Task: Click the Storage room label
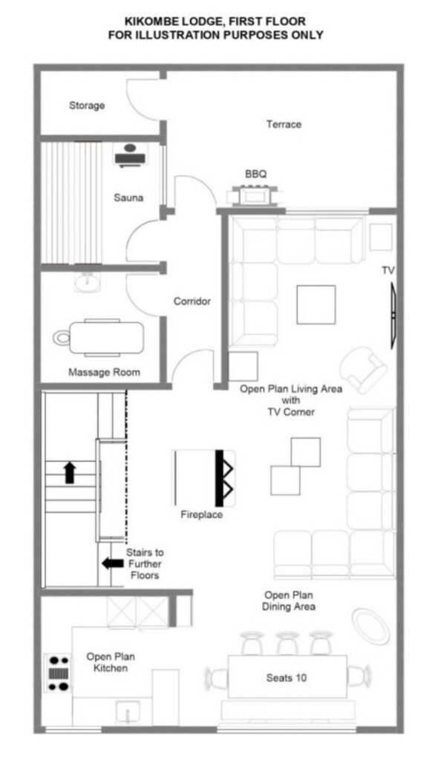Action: (x=87, y=105)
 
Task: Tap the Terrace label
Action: (x=284, y=125)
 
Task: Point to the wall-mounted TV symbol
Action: (x=393, y=316)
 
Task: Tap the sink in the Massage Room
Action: (x=88, y=281)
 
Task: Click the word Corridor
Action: (x=192, y=301)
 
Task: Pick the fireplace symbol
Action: (x=203, y=478)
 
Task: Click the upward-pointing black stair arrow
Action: (x=71, y=472)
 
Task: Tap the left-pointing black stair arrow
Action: (x=113, y=563)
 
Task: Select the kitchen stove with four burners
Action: (x=58, y=673)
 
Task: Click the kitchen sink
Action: (x=128, y=712)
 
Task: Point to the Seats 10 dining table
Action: (x=287, y=677)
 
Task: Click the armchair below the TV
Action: (x=363, y=369)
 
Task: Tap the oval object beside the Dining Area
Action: (x=371, y=626)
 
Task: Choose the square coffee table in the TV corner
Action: (x=316, y=305)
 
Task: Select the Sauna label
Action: (x=128, y=197)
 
